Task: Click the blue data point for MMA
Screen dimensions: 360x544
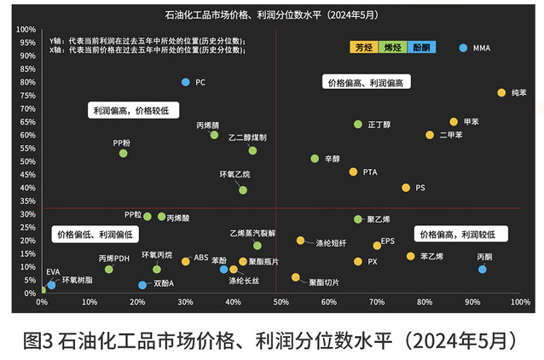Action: click(x=463, y=48)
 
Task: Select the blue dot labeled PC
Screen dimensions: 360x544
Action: click(x=185, y=82)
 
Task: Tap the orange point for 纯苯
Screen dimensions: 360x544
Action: click(x=501, y=92)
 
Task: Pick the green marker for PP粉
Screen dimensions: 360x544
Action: click(x=123, y=154)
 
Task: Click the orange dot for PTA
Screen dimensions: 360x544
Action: click(x=353, y=171)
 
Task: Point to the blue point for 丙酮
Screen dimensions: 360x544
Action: click(x=483, y=269)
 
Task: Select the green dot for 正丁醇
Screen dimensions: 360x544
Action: click(x=358, y=125)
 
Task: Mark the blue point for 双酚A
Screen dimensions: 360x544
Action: click(x=142, y=285)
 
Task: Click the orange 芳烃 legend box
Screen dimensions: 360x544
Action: click(x=364, y=48)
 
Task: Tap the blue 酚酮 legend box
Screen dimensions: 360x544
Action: click(x=420, y=48)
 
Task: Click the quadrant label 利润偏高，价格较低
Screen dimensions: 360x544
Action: click(x=130, y=111)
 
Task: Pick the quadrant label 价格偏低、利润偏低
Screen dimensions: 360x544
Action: click(x=95, y=234)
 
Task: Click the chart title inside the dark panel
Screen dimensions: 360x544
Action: click(x=272, y=15)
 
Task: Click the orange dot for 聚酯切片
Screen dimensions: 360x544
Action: click(x=296, y=277)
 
